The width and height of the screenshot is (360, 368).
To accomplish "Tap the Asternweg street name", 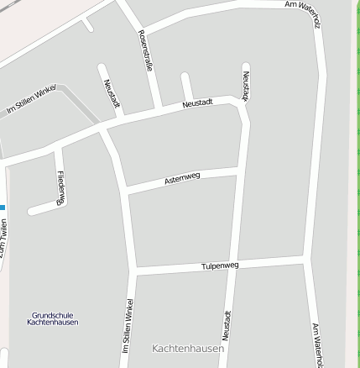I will [182, 178].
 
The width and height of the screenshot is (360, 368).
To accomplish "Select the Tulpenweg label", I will [220, 265].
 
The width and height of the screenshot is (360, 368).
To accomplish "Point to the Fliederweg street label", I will [60, 187].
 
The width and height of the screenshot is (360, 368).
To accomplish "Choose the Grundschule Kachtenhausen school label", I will [52, 318].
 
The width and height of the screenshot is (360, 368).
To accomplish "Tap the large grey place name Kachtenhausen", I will [188, 348].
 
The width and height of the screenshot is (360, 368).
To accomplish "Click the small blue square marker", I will [3, 208].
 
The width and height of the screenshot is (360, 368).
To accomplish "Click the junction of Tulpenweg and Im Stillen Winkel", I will [134, 271].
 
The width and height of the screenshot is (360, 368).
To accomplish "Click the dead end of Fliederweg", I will [31, 211].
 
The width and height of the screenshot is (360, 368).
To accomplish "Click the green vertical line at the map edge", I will [357, 184].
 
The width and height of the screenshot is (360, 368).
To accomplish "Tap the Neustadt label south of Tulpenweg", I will [227, 326].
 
